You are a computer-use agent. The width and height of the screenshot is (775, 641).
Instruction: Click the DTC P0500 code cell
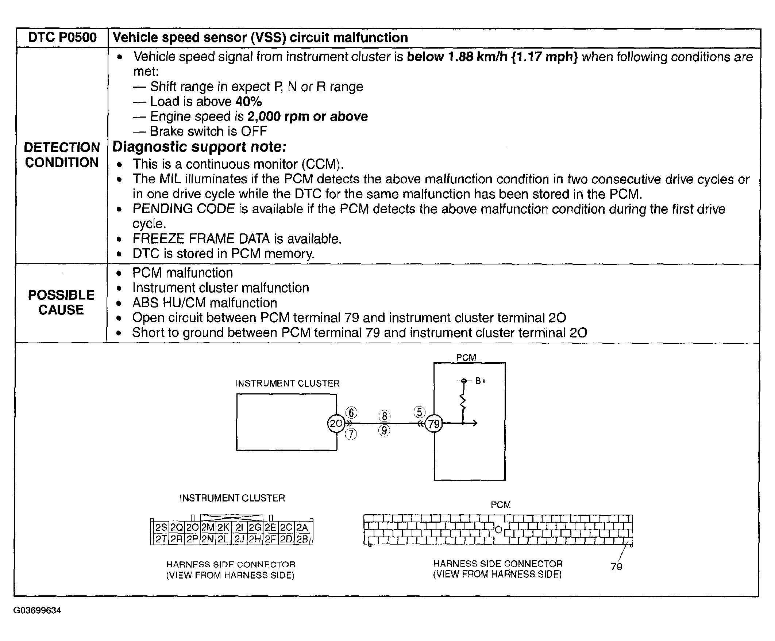(x=62, y=38)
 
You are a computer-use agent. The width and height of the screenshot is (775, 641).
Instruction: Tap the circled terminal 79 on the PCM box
(x=433, y=424)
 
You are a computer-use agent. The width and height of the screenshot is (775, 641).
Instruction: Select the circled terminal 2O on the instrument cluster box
(x=336, y=423)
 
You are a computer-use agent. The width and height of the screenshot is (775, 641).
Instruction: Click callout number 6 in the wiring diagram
(x=351, y=412)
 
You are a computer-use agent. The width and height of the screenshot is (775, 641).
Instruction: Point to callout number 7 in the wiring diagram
(x=351, y=434)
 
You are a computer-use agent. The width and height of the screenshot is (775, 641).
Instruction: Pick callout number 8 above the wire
(x=384, y=416)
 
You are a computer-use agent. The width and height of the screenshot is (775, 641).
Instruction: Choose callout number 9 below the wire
(x=384, y=430)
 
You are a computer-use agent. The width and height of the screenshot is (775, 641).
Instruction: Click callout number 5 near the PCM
(x=419, y=412)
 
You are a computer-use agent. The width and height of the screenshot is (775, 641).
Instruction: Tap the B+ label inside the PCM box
(x=480, y=381)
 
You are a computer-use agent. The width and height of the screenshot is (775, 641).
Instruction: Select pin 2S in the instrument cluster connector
(x=161, y=527)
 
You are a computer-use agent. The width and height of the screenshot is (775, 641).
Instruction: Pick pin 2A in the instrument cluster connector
(x=302, y=527)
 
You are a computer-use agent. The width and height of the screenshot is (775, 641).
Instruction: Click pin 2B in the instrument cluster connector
(x=302, y=539)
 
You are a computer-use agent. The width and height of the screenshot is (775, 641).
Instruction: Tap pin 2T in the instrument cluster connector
(x=161, y=539)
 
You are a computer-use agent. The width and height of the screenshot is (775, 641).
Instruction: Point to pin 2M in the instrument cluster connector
(x=208, y=527)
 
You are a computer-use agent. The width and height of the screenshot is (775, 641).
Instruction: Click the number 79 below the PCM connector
(x=616, y=566)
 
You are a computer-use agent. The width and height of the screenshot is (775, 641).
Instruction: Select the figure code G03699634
(x=37, y=610)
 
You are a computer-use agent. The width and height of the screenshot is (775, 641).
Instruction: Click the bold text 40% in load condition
(x=248, y=101)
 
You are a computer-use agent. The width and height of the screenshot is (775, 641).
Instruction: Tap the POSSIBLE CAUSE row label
(x=61, y=302)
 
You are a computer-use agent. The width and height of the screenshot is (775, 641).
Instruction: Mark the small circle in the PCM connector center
(x=498, y=530)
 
